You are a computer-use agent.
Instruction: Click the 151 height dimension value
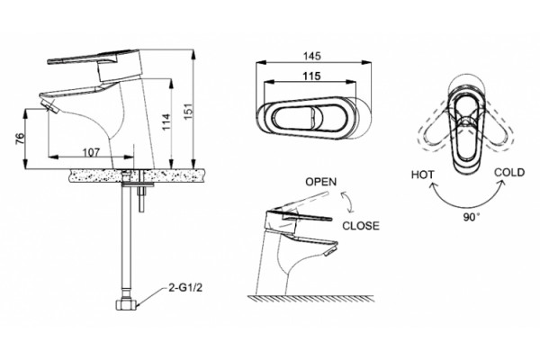pyautogui.click(x=188, y=112)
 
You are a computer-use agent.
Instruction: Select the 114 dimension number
pyautogui.click(x=166, y=121)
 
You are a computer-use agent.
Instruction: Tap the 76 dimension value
pyautogui.click(x=21, y=138)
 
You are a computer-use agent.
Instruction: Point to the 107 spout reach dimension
pyautogui.click(x=91, y=151)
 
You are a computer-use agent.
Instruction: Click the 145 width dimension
pyautogui.click(x=311, y=56)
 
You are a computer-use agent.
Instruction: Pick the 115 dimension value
pyautogui.click(x=311, y=76)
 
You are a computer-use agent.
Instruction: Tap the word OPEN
pyautogui.click(x=321, y=182)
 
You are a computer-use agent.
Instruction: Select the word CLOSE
pyautogui.click(x=361, y=226)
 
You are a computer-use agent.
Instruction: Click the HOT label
pyautogui.click(x=423, y=175)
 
